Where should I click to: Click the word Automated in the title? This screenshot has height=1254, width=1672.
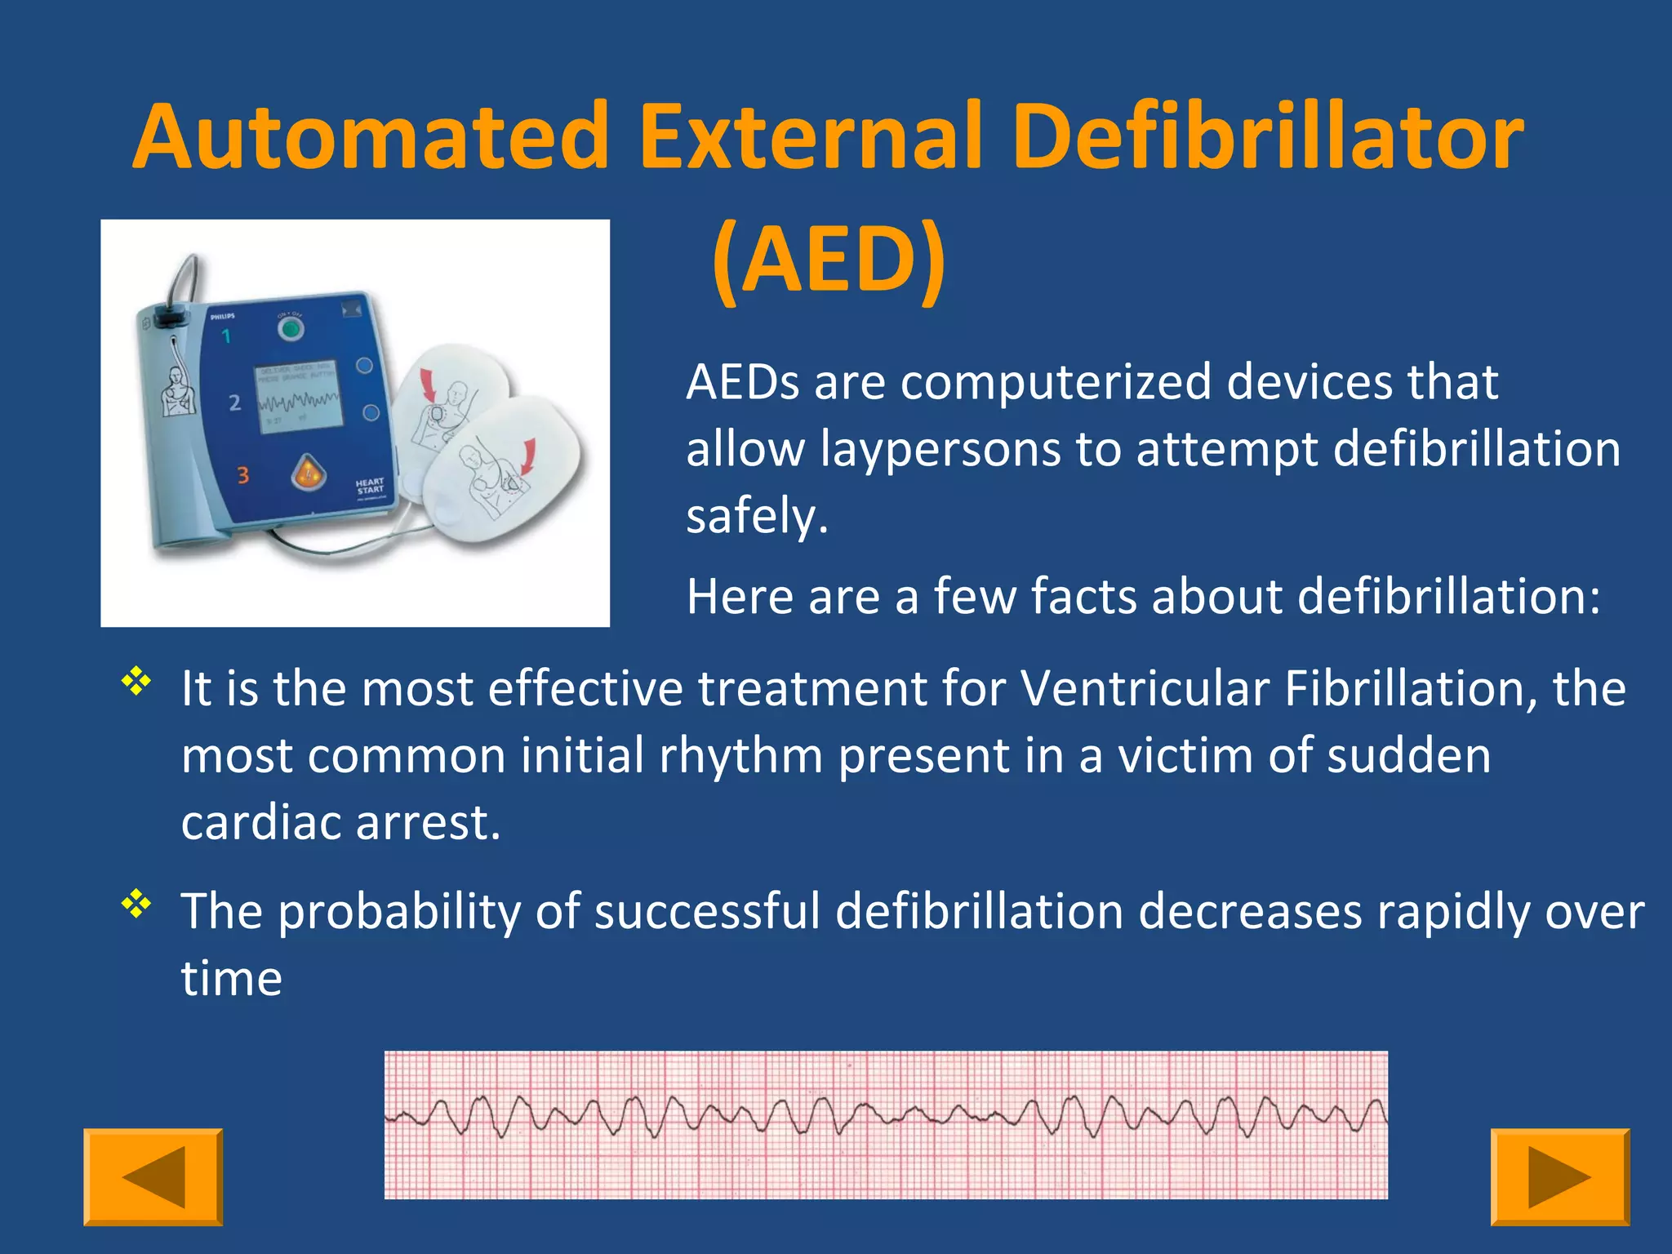[371, 136]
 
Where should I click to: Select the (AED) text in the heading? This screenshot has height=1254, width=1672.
[828, 260]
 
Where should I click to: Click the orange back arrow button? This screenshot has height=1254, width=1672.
[153, 1176]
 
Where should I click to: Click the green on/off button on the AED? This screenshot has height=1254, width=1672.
[290, 330]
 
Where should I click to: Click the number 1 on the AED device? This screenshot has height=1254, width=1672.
[226, 336]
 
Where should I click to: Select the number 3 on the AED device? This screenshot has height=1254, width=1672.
[242, 475]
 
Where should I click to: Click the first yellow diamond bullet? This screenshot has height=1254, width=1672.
[137, 681]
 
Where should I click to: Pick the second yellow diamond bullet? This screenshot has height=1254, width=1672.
[137, 904]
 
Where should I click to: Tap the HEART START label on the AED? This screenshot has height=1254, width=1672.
[369, 487]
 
